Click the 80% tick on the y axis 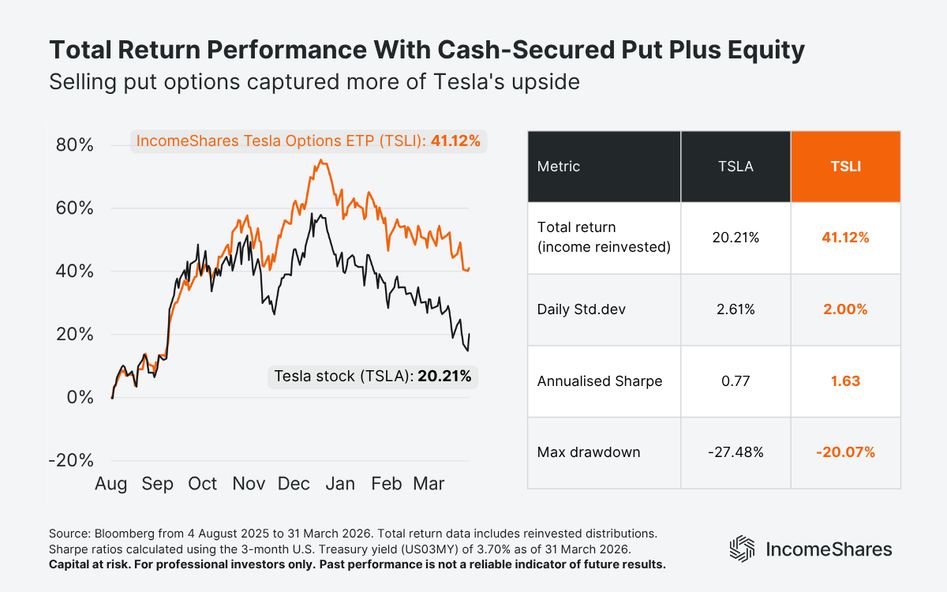[75, 146]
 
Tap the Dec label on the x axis [294, 484]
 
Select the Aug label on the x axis [111, 484]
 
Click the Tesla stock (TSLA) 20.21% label [372, 377]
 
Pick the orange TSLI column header [845, 167]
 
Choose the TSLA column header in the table [736, 167]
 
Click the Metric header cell [558, 167]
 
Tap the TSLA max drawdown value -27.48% [736, 452]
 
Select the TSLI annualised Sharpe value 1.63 [845, 381]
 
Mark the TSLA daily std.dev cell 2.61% [736, 309]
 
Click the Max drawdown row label [588, 452]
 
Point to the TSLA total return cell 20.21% [736, 238]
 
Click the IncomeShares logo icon [743, 549]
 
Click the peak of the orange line [320, 160]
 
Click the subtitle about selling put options [314, 81]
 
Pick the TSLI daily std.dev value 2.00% [845, 309]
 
